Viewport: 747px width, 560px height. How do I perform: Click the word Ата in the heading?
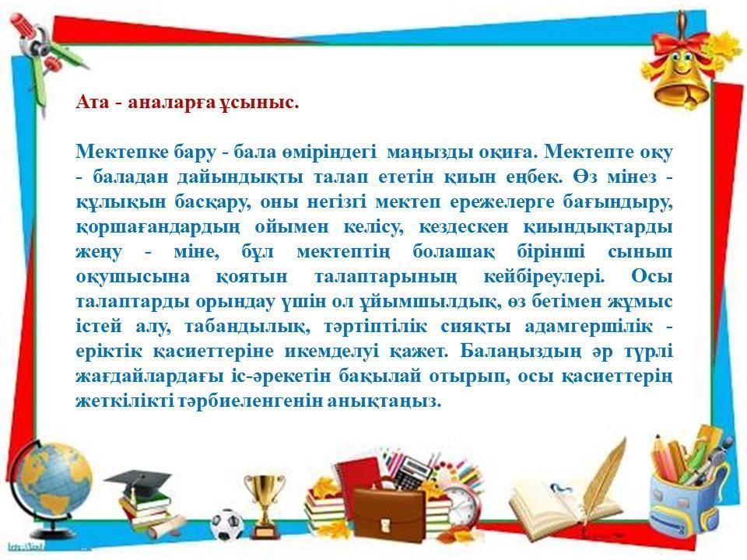point(93,102)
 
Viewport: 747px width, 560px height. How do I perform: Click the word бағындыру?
point(617,202)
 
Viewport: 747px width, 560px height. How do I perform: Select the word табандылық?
point(246,326)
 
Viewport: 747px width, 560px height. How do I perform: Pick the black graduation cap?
point(138,480)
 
